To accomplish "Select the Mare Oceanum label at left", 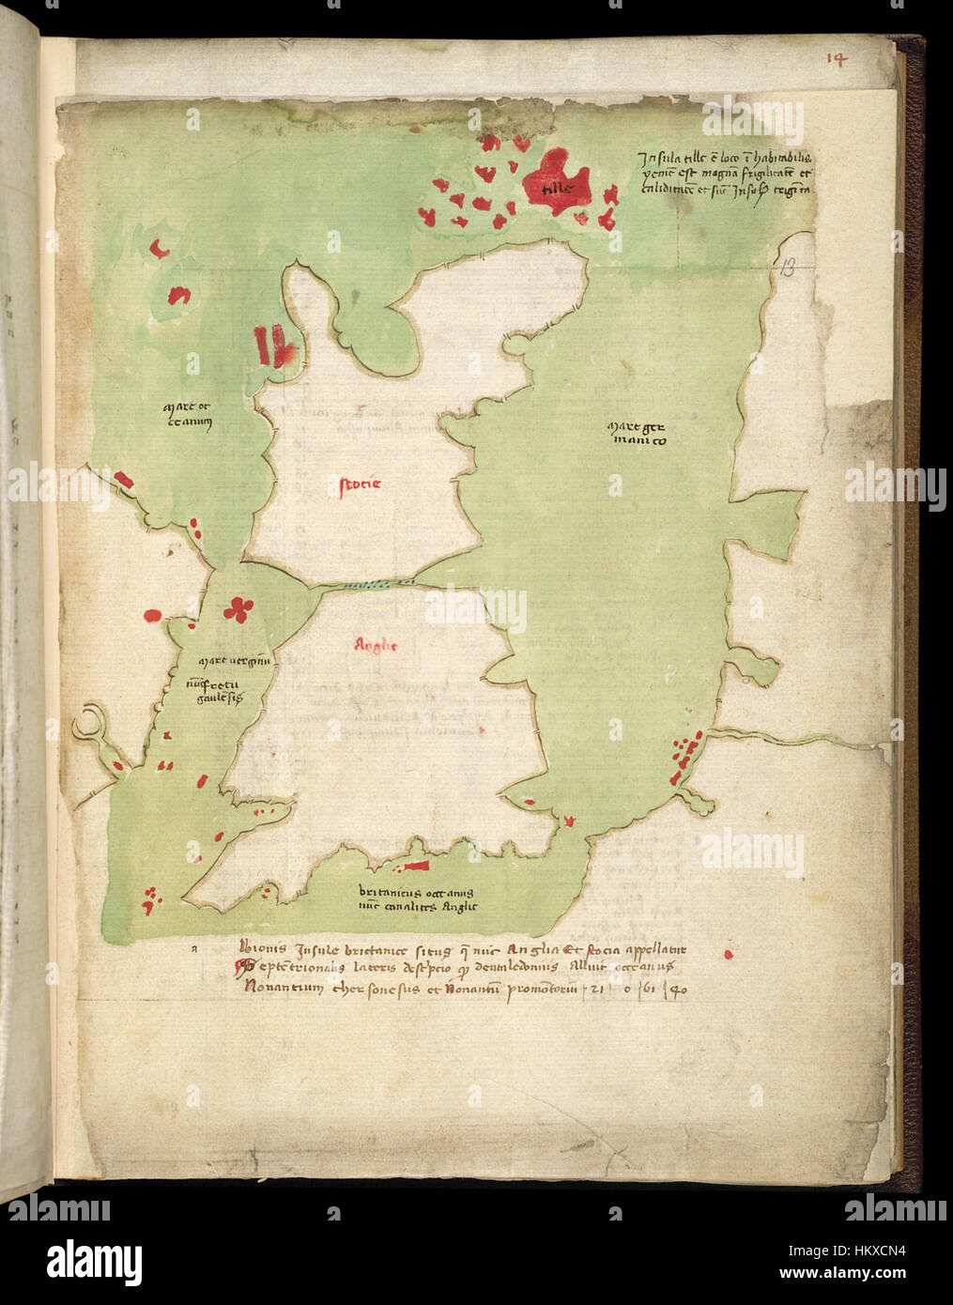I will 189,414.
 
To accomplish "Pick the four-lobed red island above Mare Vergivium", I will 238,609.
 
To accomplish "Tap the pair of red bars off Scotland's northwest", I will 273,345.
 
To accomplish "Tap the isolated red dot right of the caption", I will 729,954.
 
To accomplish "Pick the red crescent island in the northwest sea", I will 160,248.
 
